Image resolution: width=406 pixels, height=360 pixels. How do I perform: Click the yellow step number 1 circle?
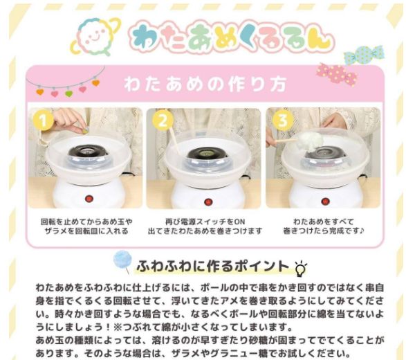coord(43,122)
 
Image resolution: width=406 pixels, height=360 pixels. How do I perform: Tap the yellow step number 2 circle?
coord(163,122)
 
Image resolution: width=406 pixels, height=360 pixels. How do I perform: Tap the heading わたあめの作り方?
coord(205,84)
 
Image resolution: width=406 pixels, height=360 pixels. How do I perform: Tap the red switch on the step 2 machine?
coord(206,200)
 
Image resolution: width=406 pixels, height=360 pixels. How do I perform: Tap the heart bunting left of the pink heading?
coord(62,86)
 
